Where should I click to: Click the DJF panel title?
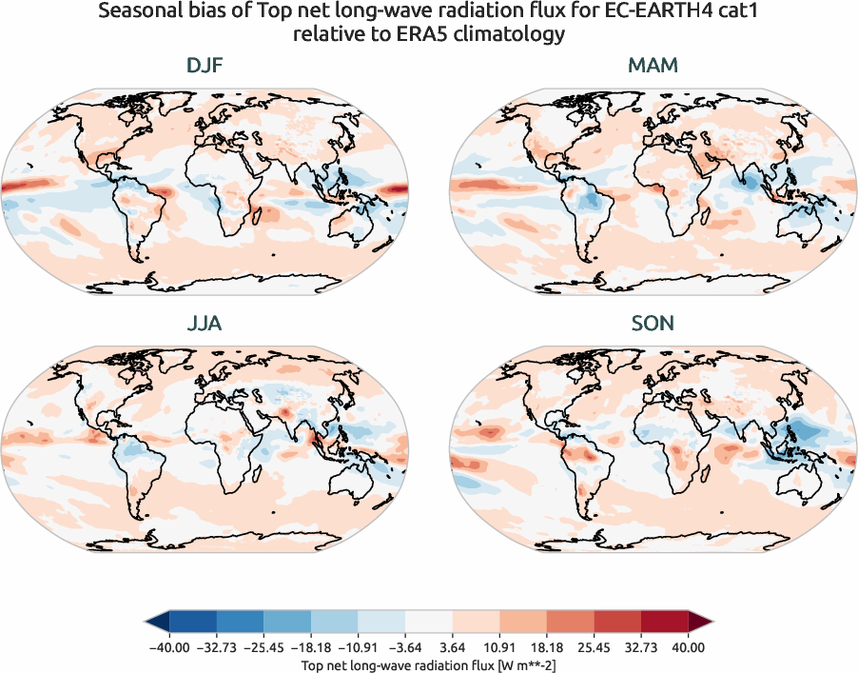click(205, 67)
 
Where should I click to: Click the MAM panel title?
click(653, 67)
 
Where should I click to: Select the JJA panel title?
click(205, 324)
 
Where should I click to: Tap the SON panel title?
click(653, 324)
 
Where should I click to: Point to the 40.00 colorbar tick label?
click(688, 646)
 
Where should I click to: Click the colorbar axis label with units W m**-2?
click(429, 663)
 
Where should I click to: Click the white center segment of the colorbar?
click(429, 622)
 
